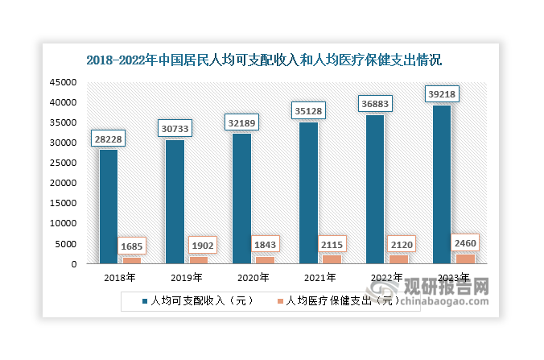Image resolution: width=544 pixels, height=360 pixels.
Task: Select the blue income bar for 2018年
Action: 109,206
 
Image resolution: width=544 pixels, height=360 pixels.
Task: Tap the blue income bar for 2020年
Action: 242,198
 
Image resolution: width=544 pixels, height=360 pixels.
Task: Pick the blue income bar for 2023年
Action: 442,184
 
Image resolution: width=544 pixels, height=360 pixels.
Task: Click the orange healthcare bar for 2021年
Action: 332,259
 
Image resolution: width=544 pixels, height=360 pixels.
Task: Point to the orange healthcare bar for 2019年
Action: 198,259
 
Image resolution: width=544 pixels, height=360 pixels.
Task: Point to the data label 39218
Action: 442,94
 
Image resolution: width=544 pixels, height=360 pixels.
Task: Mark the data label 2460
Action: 464,242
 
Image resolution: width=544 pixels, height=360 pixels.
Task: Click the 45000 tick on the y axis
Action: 63,82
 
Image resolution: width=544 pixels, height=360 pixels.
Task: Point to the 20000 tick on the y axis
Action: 63,183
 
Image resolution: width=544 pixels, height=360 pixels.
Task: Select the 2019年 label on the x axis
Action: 187,278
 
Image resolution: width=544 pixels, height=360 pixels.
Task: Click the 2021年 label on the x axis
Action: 319,278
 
